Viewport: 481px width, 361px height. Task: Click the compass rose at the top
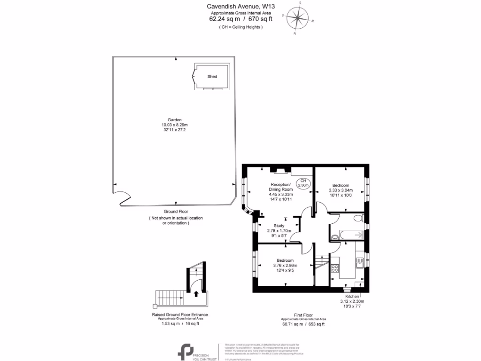[297, 19]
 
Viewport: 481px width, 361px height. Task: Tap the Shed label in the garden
[212, 76]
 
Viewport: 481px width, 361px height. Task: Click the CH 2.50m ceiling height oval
[303, 183]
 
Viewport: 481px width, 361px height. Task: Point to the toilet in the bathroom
[358, 218]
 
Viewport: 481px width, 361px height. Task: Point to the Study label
[279, 226]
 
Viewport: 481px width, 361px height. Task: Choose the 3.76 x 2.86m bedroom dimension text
[285, 266]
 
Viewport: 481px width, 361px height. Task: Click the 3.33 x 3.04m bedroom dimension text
[341, 190]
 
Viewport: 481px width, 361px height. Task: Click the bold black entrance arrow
[196, 293]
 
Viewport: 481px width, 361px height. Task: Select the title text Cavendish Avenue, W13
[240, 7]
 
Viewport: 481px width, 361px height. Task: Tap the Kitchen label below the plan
[352, 297]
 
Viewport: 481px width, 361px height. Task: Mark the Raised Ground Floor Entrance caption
[179, 314]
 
